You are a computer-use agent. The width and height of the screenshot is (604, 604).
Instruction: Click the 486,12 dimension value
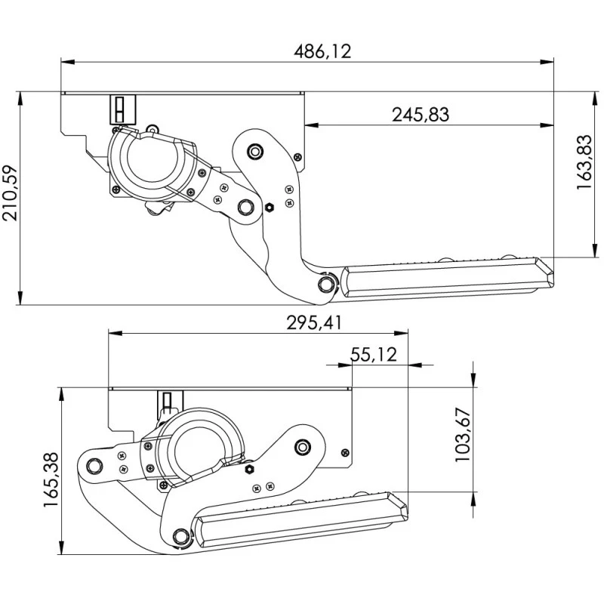323,51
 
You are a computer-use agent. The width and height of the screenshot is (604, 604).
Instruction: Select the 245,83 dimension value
421,115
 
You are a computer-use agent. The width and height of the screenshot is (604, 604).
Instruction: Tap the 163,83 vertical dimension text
584,162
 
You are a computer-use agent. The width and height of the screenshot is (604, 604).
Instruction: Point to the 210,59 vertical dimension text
10,193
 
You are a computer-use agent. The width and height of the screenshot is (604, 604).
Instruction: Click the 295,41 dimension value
314,323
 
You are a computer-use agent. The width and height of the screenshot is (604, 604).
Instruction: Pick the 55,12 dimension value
374,355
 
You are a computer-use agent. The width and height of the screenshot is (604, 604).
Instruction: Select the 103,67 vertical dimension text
463,435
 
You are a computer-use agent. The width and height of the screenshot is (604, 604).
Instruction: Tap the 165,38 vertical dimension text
51,480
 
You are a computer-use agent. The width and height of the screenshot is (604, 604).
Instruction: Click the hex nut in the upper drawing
270,208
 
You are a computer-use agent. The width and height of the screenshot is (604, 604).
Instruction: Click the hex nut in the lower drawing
249,469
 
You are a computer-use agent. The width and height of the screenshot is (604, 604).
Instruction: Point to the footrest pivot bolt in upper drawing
326,284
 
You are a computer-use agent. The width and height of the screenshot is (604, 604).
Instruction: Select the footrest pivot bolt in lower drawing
180,536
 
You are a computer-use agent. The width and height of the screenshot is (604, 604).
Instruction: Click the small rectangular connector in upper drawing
123,109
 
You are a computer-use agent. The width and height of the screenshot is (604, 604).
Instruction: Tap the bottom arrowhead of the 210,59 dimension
20,297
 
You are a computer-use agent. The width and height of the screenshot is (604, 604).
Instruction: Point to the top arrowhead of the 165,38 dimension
62,394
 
